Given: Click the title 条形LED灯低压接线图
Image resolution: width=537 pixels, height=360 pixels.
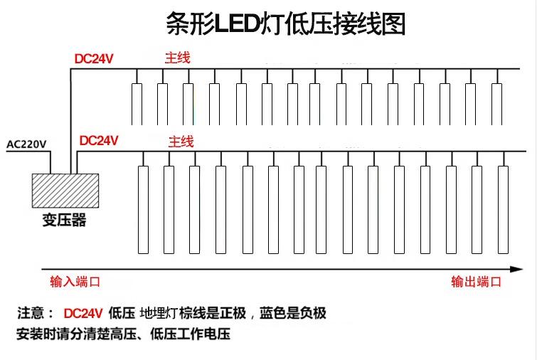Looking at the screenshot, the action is point(285,25).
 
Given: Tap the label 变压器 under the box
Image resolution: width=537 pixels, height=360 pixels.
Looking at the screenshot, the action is point(63,220).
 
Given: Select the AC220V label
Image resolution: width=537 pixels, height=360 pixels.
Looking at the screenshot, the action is point(26,144).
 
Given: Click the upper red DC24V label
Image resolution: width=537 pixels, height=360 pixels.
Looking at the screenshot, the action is point(94,58).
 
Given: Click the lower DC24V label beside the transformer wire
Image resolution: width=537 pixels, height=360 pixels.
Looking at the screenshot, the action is point(99,141).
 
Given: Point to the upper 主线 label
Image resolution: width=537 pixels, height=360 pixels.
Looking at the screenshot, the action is point(177,58).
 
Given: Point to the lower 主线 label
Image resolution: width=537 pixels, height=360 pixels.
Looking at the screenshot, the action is point(181,142).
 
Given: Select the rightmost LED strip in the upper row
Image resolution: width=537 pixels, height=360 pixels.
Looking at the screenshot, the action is point(496,104).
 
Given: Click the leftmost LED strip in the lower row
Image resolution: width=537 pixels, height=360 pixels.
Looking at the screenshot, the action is point(142,209).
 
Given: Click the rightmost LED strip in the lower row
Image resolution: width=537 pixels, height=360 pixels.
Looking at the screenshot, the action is point(503,209).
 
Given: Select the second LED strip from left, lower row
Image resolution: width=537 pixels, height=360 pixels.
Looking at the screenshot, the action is point(169,209).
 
